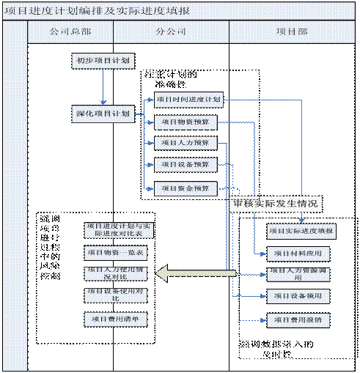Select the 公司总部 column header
(x=70, y=33)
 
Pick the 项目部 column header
(x=292, y=33)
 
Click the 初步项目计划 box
(x=103, y=62)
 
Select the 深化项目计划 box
(x=103, y=114)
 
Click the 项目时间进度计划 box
(x=188, y=100)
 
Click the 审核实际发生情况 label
(x=275, y=204)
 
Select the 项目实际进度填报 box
(x=301, y=231)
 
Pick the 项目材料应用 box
(x=298, y=254)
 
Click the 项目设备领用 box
(x=298, y=296)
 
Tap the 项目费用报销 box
(x=298, y=320)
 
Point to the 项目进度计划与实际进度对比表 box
(x=118, y=229)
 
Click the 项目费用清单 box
(x=116, y=319)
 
